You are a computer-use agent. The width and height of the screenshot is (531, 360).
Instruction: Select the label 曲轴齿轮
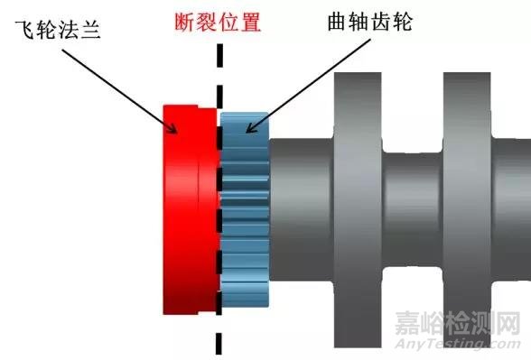pos(383,22)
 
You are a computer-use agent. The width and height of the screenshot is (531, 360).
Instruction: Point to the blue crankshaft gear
pos(245,217)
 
